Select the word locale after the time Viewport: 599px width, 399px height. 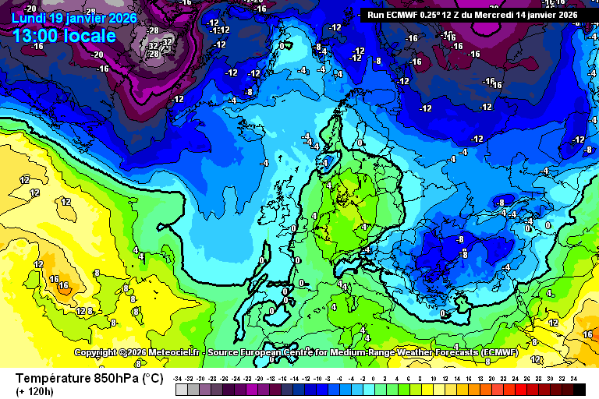[91, 36]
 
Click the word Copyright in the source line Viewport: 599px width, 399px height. [97, 353]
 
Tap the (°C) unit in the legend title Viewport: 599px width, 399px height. [152, 379]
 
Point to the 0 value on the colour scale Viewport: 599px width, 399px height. [374, 379]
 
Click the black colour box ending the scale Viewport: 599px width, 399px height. [579, 390]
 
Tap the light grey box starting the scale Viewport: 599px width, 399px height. [181, 390]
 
